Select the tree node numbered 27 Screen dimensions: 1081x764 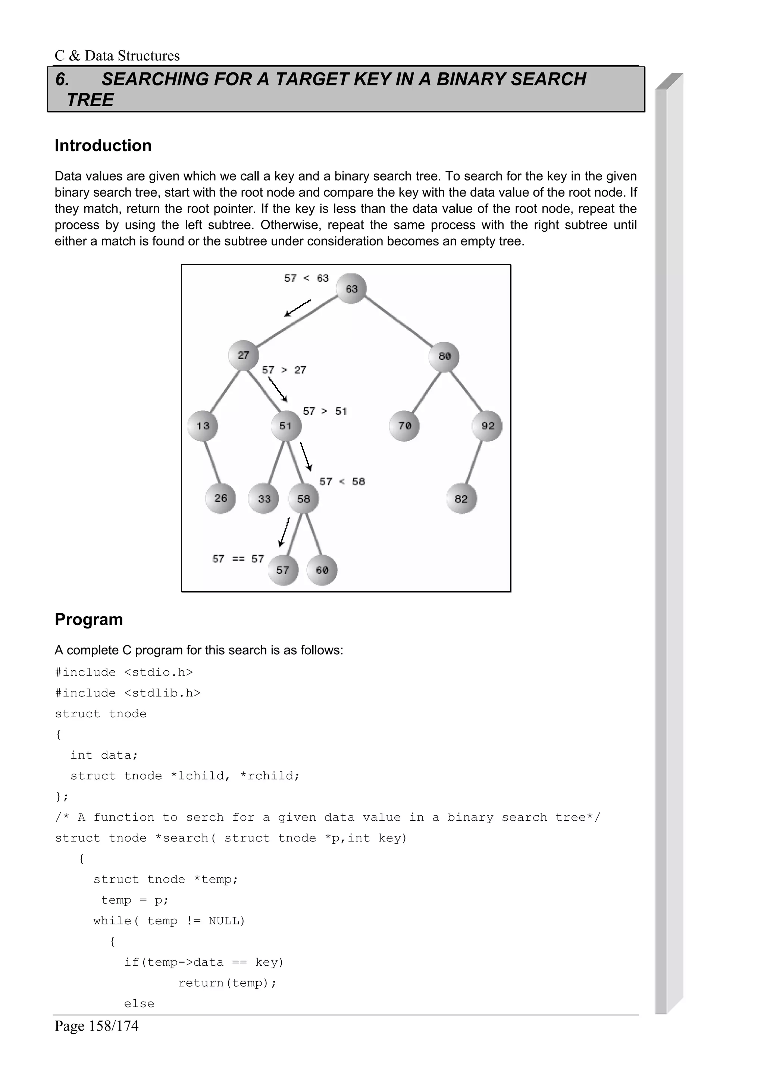(x=243, y=355)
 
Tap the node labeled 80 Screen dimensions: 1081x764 (x=444, y=356)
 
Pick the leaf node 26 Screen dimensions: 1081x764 (x=220, y=498)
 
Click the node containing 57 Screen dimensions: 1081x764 (x=283, y=570)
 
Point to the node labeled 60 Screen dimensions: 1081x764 (x=322, y=570)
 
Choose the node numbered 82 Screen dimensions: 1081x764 (x=461, y=499)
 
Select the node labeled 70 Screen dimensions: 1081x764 (x=404, y=426)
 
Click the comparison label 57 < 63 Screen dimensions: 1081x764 (x=306, y=278)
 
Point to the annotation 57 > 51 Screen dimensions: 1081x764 (x=325, y=411)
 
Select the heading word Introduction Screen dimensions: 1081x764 (x=103, y=145)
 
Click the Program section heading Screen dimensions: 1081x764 (x=88, y=619)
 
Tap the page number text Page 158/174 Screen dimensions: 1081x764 (x=97, y=1025)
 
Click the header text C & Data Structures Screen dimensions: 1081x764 (x=117, y=56)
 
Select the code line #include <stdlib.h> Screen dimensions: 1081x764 (x=128, y=693)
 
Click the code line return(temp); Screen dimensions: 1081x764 (x=227, y=983)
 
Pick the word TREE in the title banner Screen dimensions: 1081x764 (x=90, y=100)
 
